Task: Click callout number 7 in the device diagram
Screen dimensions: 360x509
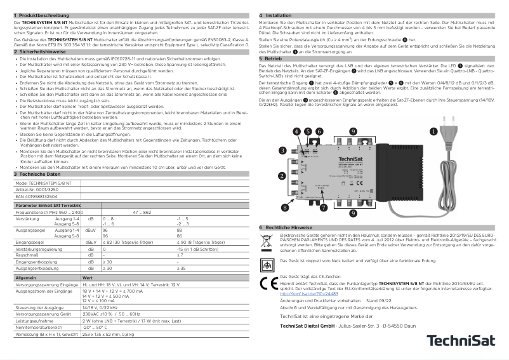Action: coord(324,206)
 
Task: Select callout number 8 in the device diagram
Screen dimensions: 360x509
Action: coord(285,206)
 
